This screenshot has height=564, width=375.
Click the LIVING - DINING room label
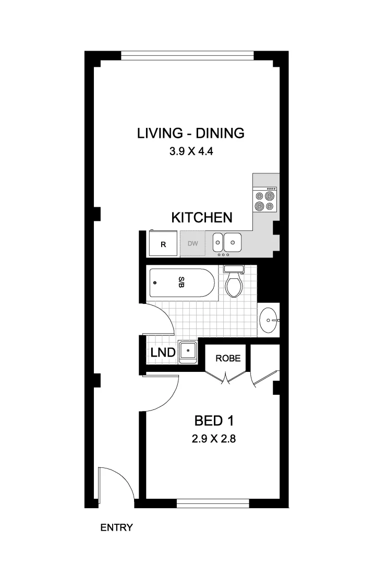190,133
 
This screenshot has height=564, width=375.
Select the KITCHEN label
202,218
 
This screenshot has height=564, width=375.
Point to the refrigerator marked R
163,244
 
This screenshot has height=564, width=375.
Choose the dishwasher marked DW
193,244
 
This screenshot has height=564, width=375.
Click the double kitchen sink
227,242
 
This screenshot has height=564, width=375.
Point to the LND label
162,353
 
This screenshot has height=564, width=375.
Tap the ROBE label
228,358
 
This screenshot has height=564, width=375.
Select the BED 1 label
214,420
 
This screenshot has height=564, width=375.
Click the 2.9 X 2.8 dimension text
214,439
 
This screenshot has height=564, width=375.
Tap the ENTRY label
116,527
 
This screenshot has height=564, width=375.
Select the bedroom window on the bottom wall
213,503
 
